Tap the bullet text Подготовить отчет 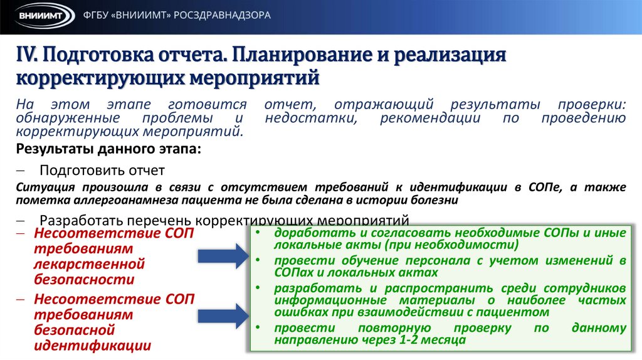pyautogui.click(x=102, y=170)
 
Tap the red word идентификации pyautogui.click(x=92, y=344)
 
